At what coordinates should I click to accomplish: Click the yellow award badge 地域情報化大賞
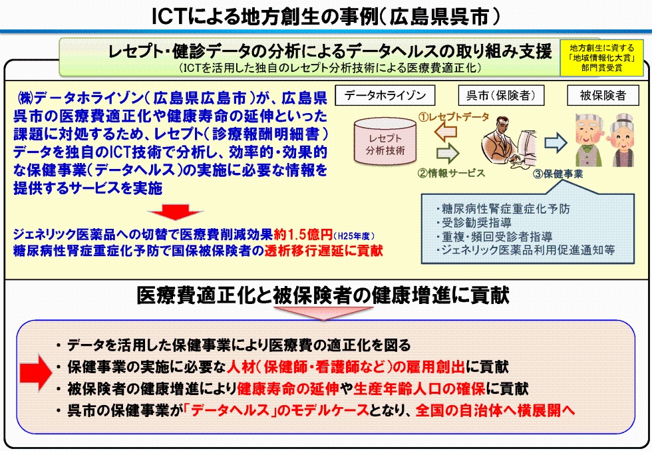[x=601, y=58]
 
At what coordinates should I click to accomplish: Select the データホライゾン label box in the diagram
[x=385, y=96]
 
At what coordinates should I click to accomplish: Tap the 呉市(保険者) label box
[x=500, y=96]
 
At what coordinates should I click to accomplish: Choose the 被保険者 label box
[x=603, y=96]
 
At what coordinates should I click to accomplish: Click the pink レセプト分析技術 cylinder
[x=385, y=141]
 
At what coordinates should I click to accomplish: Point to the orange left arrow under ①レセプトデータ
[x=445, y=132]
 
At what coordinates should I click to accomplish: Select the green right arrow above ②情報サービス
[x=447, y=154]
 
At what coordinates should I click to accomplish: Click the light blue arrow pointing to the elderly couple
[x=556, y=142]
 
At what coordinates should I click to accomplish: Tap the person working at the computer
[x=508, y=141]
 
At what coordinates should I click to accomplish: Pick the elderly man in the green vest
[x=588, y=140]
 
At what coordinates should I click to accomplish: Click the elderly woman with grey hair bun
[x=623, y=141]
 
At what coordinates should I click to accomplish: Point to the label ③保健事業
[x=558, y=174]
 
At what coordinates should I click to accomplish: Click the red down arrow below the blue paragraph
[x=176, y=212]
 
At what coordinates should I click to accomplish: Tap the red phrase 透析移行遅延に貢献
[x=323, y=251]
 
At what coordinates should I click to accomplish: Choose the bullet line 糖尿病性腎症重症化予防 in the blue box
[x=503, y=209]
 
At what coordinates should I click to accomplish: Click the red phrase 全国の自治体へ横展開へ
[x=495, y=410]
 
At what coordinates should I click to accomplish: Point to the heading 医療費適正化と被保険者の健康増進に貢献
[x=323, y=295]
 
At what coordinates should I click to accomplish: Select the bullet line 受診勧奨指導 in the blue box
[x=474, y=223]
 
